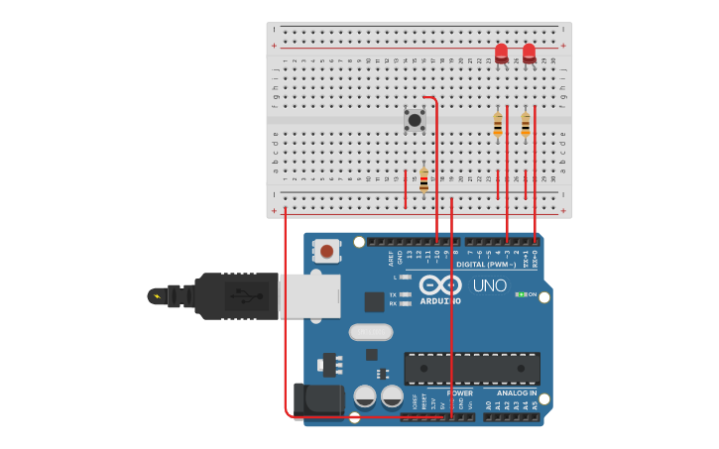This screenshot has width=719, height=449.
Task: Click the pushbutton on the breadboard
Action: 415,120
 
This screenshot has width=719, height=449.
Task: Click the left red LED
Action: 501,52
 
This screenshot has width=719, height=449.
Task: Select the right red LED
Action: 529,52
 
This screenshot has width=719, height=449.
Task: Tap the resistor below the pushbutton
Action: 423,179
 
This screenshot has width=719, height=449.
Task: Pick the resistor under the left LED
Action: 498,124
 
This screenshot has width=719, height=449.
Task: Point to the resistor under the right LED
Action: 526,124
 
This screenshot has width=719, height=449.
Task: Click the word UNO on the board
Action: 489,285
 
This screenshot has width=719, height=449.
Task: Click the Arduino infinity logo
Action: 439,284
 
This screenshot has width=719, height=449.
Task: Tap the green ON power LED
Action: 521,294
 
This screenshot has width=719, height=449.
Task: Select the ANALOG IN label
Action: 516,393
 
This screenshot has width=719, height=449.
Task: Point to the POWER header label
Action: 459,393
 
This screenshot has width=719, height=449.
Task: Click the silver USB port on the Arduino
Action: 309,296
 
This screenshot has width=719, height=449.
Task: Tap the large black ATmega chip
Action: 472,369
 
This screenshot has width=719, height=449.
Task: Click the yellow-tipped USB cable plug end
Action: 157,295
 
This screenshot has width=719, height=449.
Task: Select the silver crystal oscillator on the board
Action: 370,332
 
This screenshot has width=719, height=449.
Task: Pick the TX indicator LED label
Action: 393,294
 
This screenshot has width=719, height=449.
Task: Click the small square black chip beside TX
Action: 374,301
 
